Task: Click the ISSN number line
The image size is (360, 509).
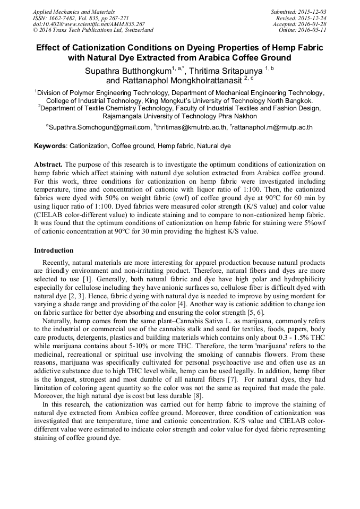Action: [80, 18]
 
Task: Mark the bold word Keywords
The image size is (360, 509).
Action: [50, 145]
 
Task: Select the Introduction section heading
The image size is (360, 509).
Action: [54, 250]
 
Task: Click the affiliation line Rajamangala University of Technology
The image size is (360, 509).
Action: [179, 116]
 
